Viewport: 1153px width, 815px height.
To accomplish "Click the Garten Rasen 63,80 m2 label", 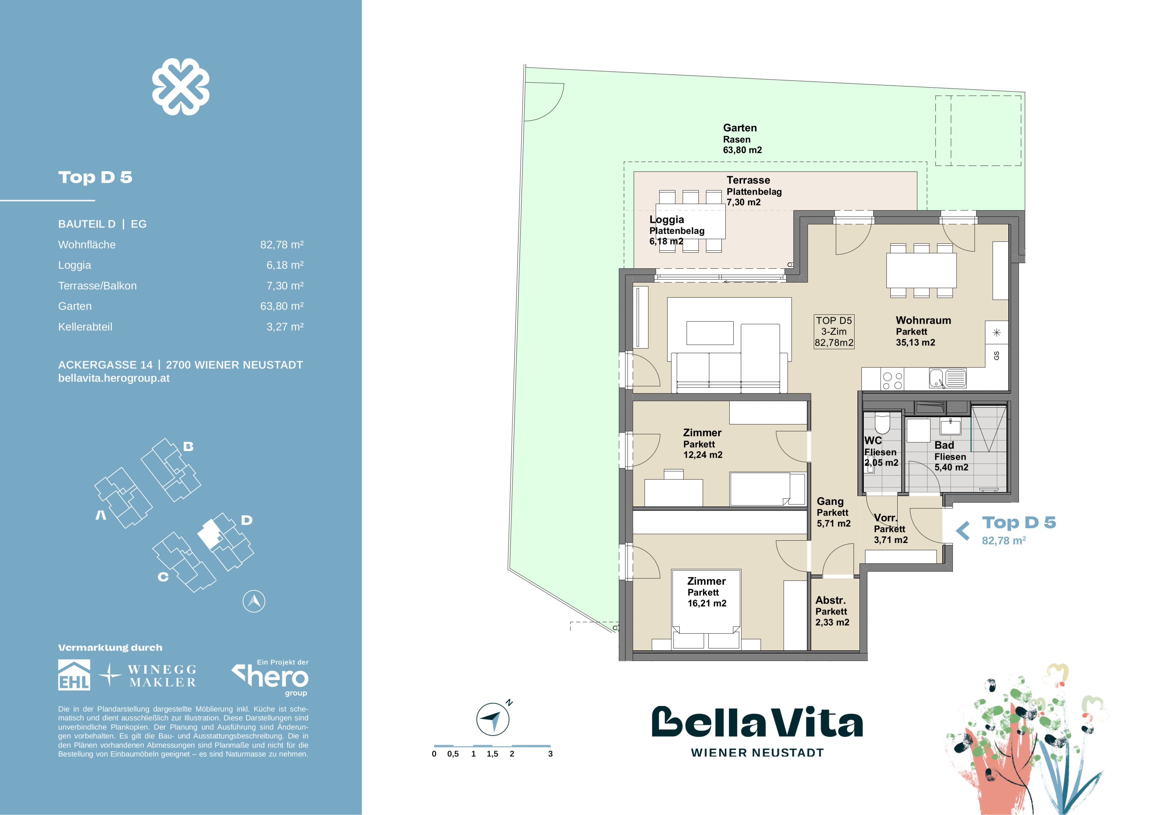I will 742,139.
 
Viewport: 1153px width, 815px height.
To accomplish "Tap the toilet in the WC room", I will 882,422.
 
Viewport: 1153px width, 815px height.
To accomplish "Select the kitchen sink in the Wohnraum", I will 948,378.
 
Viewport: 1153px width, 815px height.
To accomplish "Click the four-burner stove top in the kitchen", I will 892,380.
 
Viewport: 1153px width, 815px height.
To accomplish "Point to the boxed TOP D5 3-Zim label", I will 833,331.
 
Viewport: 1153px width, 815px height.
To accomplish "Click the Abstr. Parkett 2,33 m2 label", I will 832,611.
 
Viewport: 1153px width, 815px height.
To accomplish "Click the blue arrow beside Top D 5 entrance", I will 963,530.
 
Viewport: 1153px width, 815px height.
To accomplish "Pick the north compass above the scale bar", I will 492,719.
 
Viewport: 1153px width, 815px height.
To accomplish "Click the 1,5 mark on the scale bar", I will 492,754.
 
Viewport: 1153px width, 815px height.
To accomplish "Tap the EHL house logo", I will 74,675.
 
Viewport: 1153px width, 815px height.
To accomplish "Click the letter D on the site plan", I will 246,520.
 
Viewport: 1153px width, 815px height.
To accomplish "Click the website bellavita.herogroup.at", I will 114,378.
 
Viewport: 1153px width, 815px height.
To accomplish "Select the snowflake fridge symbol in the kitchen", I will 996,332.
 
